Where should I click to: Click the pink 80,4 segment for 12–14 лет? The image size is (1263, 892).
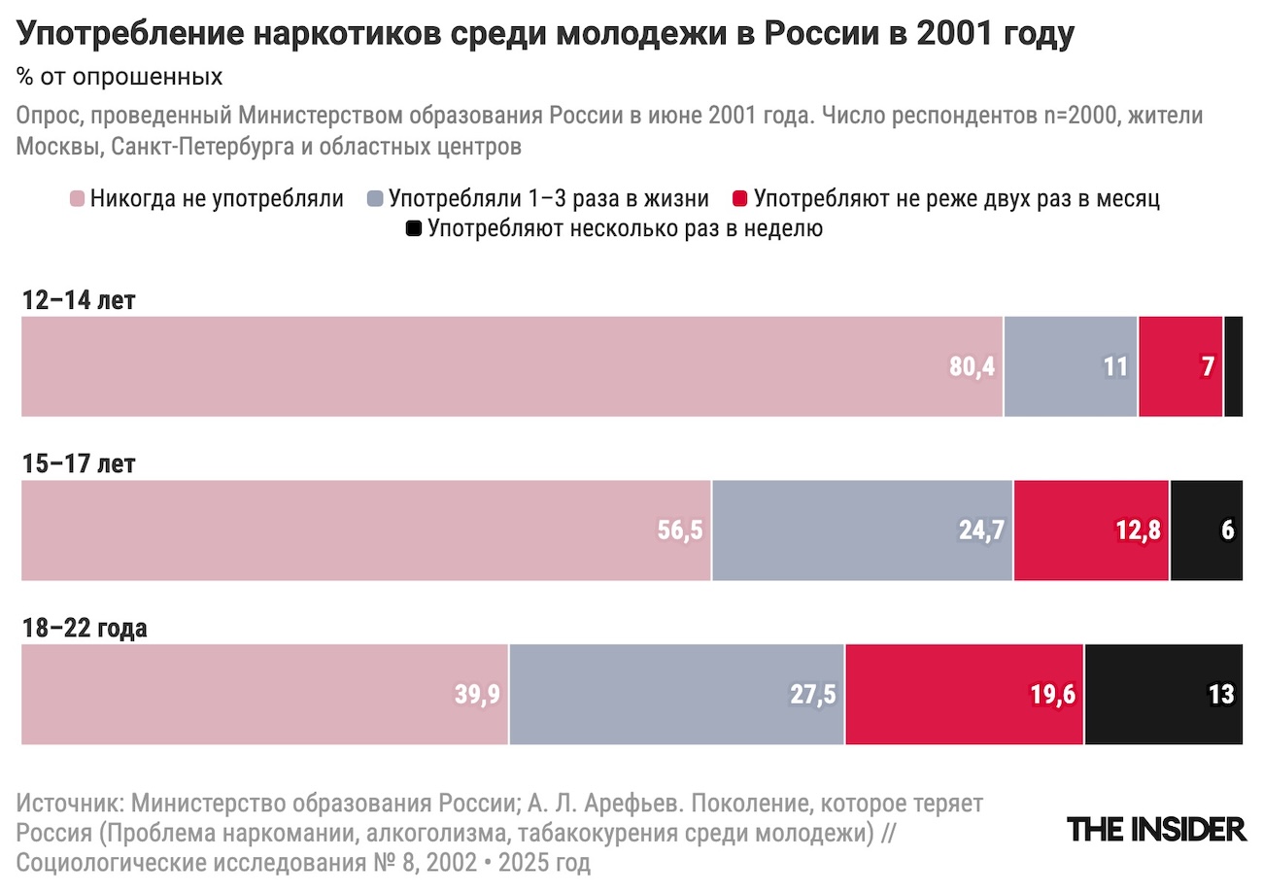[x=511, y=366]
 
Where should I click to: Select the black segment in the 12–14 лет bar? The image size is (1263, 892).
[x=1233, y=366]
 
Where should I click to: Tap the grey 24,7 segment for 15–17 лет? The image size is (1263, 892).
[x=862, y=531]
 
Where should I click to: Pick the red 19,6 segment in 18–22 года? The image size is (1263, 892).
[x=964, y=695]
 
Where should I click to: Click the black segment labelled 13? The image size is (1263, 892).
[x=1163, y=695]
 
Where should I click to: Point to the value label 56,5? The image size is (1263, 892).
[x=680, y=532]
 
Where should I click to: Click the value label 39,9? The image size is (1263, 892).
[x=477, y=696]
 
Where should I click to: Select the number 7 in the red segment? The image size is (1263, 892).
[x=1208, y=367]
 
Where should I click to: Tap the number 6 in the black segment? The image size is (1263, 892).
[x=1228, y=532]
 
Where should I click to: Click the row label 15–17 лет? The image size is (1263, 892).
[x=79, y=464]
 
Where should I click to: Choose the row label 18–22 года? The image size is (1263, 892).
[x=85, y=629]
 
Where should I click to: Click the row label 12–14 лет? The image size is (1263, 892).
[x=79, y=300]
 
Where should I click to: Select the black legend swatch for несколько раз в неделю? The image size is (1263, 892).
[x=414, y=230]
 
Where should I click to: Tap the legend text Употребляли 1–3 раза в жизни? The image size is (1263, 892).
[x=548, y=199]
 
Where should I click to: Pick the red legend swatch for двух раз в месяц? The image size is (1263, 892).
[x=740, y=200]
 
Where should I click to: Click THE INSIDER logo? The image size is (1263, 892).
[x=1156, y=829]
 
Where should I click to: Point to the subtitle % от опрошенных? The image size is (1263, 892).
[x=119, y=76]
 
